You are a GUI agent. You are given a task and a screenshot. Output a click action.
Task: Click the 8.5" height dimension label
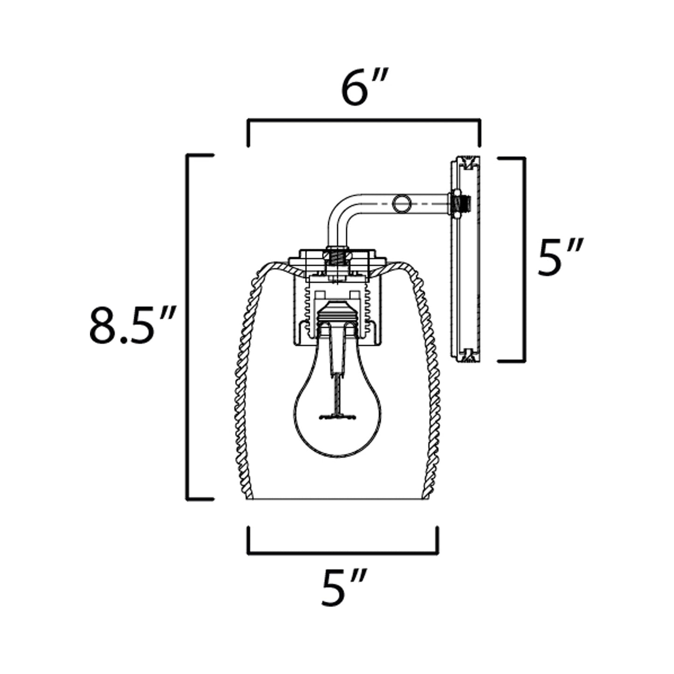point(132,325)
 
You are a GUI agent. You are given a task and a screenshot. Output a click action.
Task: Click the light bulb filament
point(337,416)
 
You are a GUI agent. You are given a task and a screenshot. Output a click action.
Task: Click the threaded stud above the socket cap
point(336,257)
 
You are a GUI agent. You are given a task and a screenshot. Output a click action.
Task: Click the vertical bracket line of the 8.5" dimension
point(188,327)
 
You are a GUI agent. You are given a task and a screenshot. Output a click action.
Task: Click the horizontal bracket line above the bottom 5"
point(343,554)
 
